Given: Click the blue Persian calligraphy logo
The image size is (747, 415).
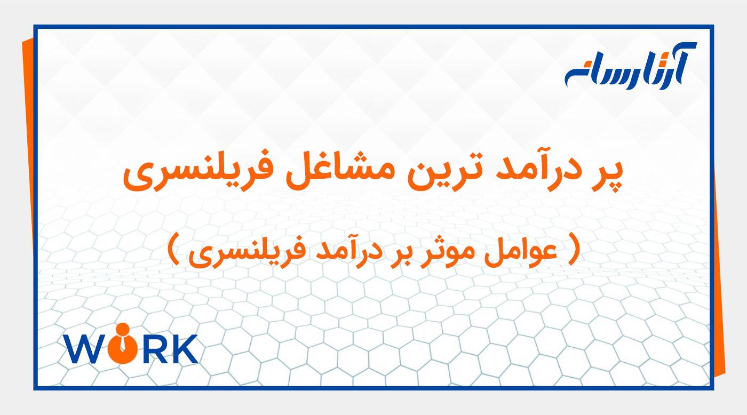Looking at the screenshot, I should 630,66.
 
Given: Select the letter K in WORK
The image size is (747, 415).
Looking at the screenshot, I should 184,349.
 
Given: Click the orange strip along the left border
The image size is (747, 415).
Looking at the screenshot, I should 28,160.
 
